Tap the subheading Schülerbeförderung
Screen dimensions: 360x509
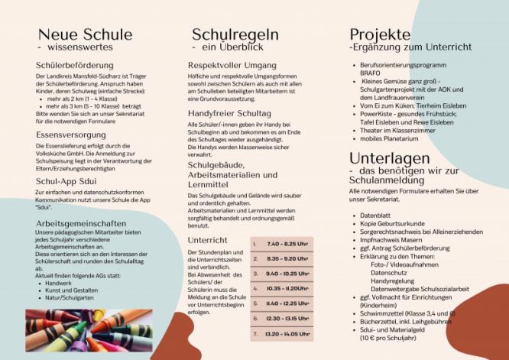(75, 66)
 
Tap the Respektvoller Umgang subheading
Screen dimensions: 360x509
(233, 66)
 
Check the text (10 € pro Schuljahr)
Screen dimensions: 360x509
(389, 336)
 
